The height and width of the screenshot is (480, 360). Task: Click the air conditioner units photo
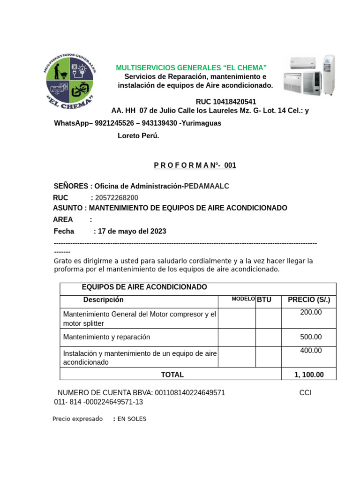pos(309,75)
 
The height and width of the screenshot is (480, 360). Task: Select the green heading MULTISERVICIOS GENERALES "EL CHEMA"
pos(191,68)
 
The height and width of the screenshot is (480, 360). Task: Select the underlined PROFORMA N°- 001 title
pos(195,165)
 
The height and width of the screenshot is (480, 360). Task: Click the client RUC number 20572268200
pos(117,197)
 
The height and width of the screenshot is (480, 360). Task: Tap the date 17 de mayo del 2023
pos(132,231)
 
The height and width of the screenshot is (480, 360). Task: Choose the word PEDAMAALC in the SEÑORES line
pos(206,186)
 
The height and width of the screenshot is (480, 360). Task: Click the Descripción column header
pos(104,300)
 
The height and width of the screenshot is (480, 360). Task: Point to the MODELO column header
pos(243,299)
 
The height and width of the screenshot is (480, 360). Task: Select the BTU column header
pos(264,300)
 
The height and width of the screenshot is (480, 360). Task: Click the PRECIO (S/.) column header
pos(309,300)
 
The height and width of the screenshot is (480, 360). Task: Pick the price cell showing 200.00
pos(311,312)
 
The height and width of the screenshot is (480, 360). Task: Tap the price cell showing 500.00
pos(311,337)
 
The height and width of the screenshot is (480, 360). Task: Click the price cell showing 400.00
pos(311,350)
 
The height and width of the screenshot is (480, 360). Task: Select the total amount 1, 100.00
pos(309,375)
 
